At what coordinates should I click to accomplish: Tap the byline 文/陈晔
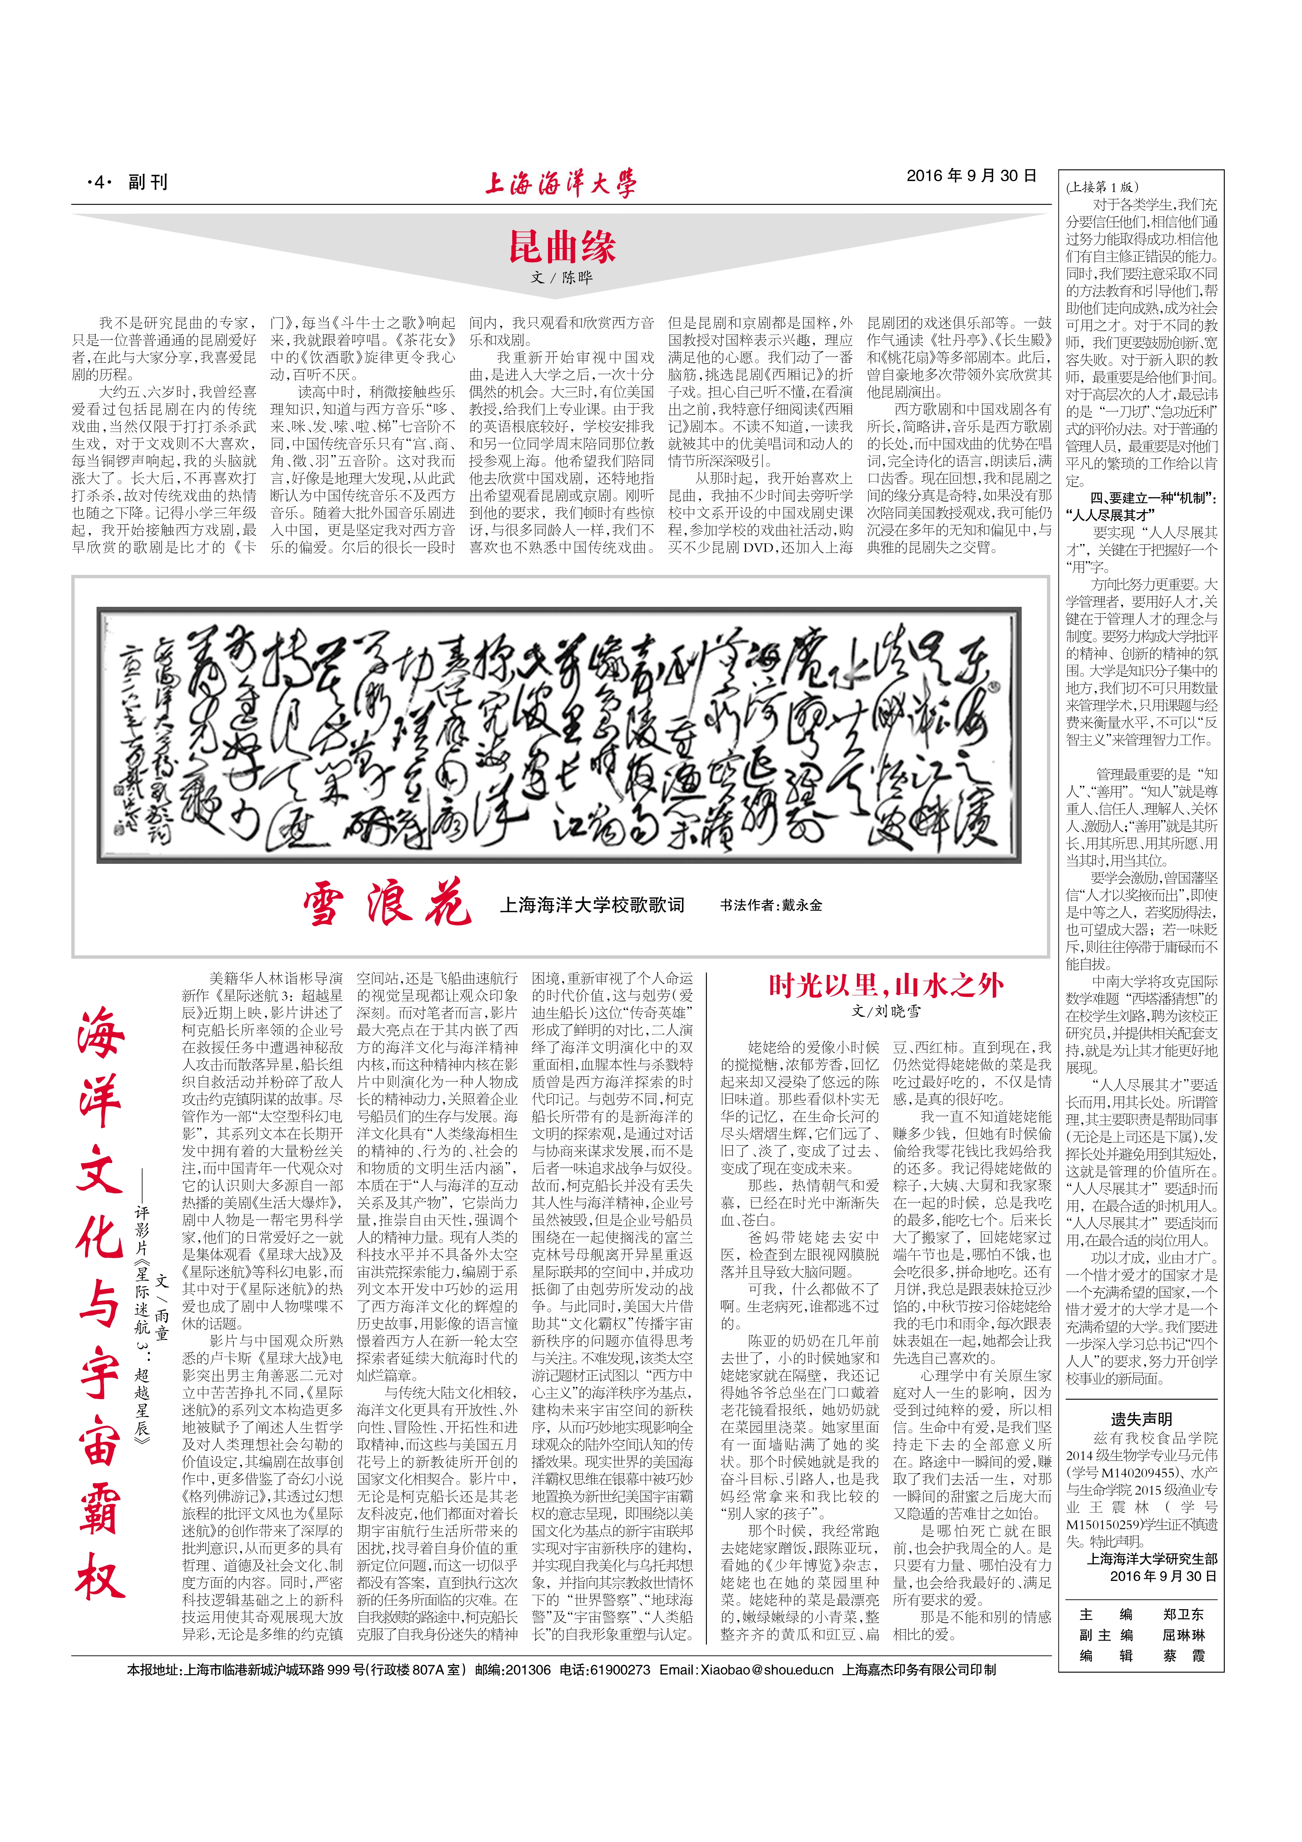point(562,277)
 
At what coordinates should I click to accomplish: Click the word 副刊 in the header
point(148,183)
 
